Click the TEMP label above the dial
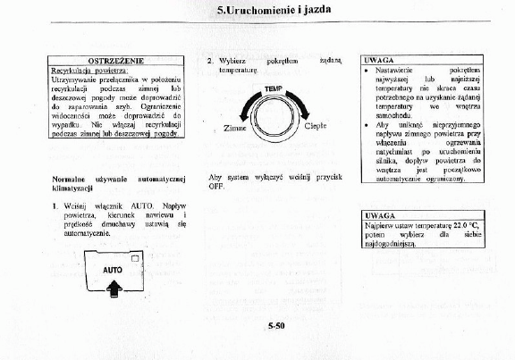click(x=273, y=90)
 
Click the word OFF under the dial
click(x=215, y=186)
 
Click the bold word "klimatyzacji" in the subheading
click(x=74, y=190)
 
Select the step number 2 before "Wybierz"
click(x=209, y=60)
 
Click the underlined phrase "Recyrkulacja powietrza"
click(x=89, y=70)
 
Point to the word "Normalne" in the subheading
click(x=70, y=180)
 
